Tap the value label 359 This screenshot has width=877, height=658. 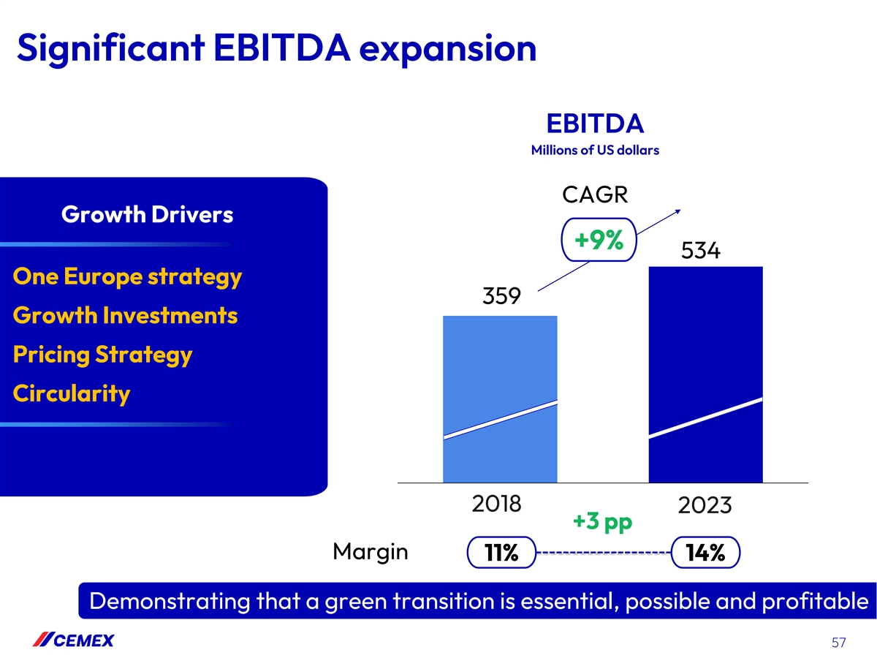501,297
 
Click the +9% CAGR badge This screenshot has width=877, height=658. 599,241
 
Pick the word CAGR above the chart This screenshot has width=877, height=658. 596,195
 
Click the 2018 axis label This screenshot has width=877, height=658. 496,504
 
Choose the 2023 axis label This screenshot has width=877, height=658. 705,506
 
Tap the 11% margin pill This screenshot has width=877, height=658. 501,554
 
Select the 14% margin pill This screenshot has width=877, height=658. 705,554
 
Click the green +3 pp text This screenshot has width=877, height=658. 601,523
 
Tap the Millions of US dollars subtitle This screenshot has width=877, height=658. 595,151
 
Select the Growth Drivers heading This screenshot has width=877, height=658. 148,215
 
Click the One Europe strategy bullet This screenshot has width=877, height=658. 127,277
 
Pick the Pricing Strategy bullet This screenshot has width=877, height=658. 102,355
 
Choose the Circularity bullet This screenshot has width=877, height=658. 72,394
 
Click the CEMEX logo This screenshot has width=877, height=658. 73,641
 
